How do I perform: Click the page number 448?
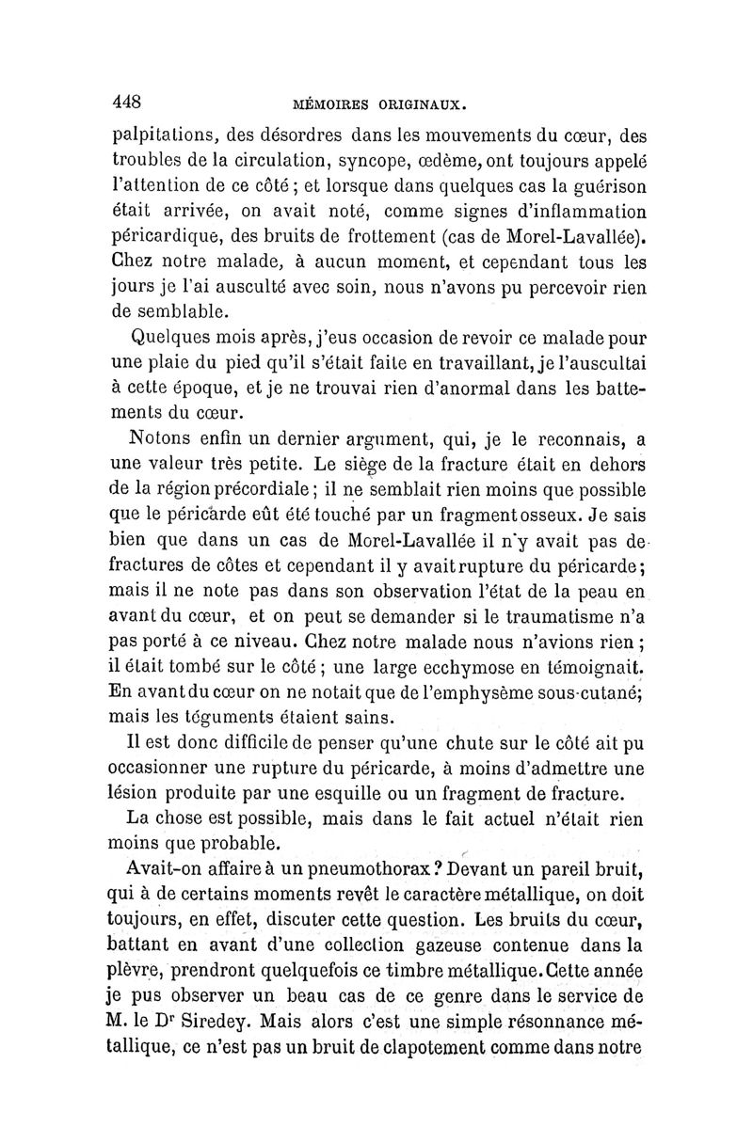pyautogui.click(x=127, y=101)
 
